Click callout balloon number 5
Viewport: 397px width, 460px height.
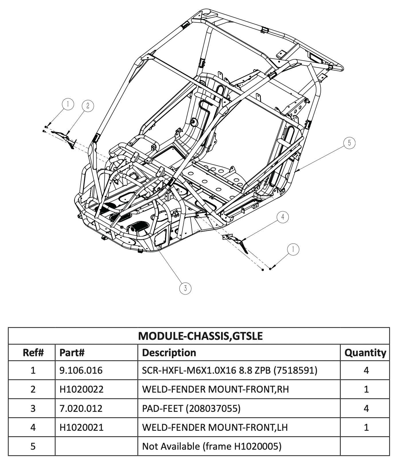(x=349, y=143)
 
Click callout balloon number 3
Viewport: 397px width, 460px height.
(x=185, y=288)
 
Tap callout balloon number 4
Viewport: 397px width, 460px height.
(x=283, y=217)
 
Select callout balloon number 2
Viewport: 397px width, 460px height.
(x=88, y=106)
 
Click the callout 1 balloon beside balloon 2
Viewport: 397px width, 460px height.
(x=68, y=104)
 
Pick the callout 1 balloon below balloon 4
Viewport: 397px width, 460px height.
(x=293, y=249)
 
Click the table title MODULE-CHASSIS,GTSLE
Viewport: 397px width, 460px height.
(x=200, y=336)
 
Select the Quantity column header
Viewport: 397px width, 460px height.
(x=365, y=352)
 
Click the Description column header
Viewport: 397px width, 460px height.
(x=169, y=352)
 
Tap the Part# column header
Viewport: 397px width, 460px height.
(x=72, y=352)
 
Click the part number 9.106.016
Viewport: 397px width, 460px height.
(x=81, y=370)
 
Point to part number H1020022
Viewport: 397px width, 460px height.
(x=81, y=389)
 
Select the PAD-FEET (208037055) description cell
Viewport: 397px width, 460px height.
(x=191, y=408)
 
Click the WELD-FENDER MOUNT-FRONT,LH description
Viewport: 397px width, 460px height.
(x=215, y=427)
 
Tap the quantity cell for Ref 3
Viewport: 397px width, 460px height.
(x=366, y=408)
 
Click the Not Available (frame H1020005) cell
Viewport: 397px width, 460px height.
(x=212, y=446)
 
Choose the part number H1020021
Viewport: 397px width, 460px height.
(x=81, y=427)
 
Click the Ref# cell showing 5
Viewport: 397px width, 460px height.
(x=33, y=446)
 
